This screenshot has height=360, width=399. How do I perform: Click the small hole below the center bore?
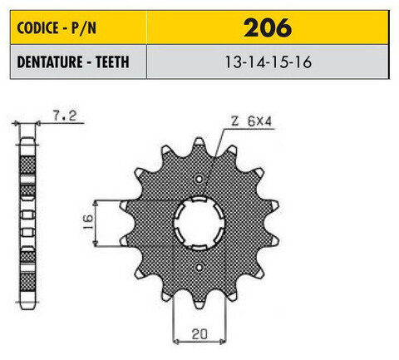(x=201, y=265)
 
